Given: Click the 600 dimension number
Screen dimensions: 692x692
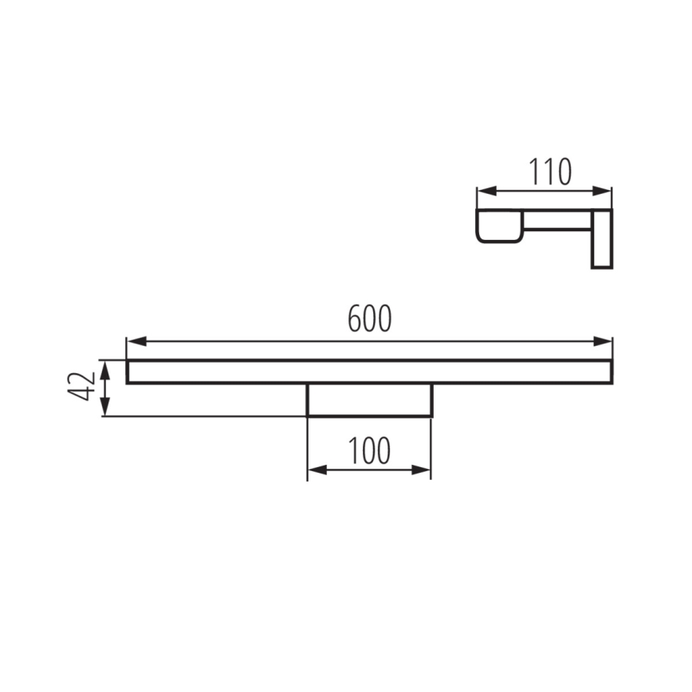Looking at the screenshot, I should coord(370,319).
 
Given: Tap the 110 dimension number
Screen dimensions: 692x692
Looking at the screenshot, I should coord(550,171).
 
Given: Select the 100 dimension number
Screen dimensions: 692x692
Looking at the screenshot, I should coord(369,451).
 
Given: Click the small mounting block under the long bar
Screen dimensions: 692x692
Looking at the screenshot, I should coord(369,399).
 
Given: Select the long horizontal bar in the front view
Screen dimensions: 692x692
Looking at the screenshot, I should coord(369,372).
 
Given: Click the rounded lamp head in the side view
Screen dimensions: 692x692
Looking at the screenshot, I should coord(499,225).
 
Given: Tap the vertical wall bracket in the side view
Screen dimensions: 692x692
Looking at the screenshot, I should coord(601,239).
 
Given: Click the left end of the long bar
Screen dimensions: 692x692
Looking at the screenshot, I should coord(129,372).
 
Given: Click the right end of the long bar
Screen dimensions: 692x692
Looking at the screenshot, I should coord(610,372).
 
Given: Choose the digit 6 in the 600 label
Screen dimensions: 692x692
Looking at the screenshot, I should coord(355,319).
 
